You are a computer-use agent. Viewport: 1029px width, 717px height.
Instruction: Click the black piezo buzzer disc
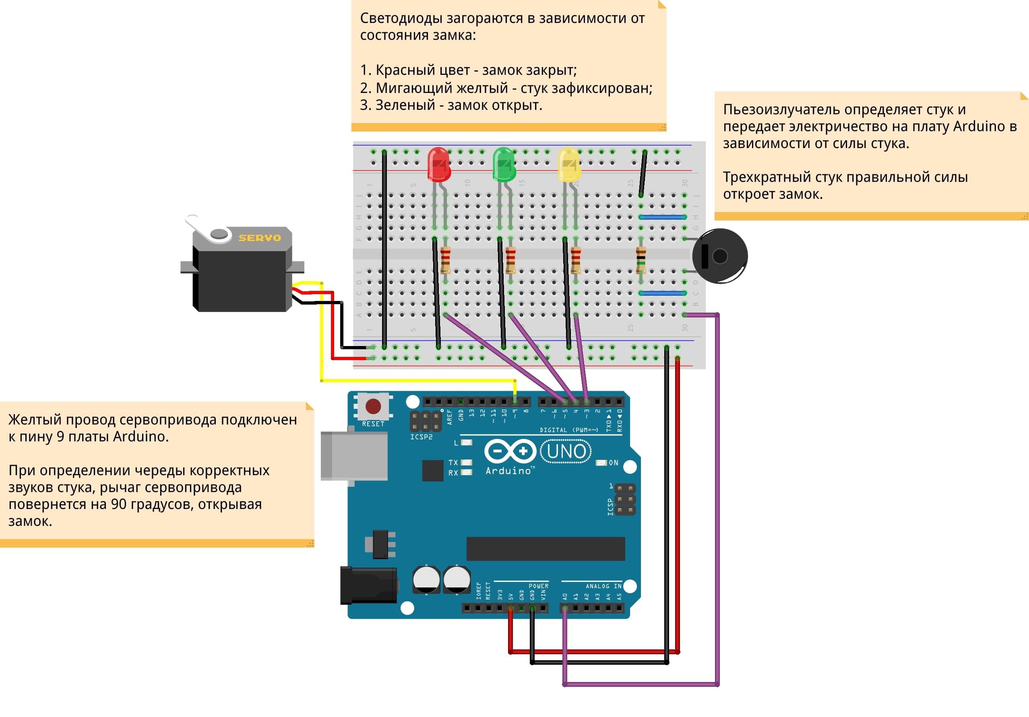click(x=720, y=256)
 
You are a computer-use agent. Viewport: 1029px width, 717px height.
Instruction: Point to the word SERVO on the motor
click(x=260, y=238)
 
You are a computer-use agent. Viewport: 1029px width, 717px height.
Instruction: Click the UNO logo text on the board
click(x=566, y=451)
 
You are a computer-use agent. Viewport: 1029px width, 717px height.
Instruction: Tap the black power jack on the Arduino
click(x=368, y=585)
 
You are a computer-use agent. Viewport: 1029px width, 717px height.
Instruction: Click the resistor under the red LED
click(x=446, y=260)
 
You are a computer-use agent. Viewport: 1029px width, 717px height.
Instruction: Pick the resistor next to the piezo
click(x=641, y=260)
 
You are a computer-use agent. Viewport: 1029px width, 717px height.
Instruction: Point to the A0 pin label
click(x=565, y=597)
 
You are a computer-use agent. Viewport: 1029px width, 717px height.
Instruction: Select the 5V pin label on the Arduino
click(x=510, y=597)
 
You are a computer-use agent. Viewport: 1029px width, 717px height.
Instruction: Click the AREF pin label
click(x=450, y=417)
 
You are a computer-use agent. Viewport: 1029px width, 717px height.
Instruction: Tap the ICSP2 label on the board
click(x=421, y=437)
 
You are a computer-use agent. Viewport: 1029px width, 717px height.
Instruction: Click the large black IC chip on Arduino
click(x=545, y=548)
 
